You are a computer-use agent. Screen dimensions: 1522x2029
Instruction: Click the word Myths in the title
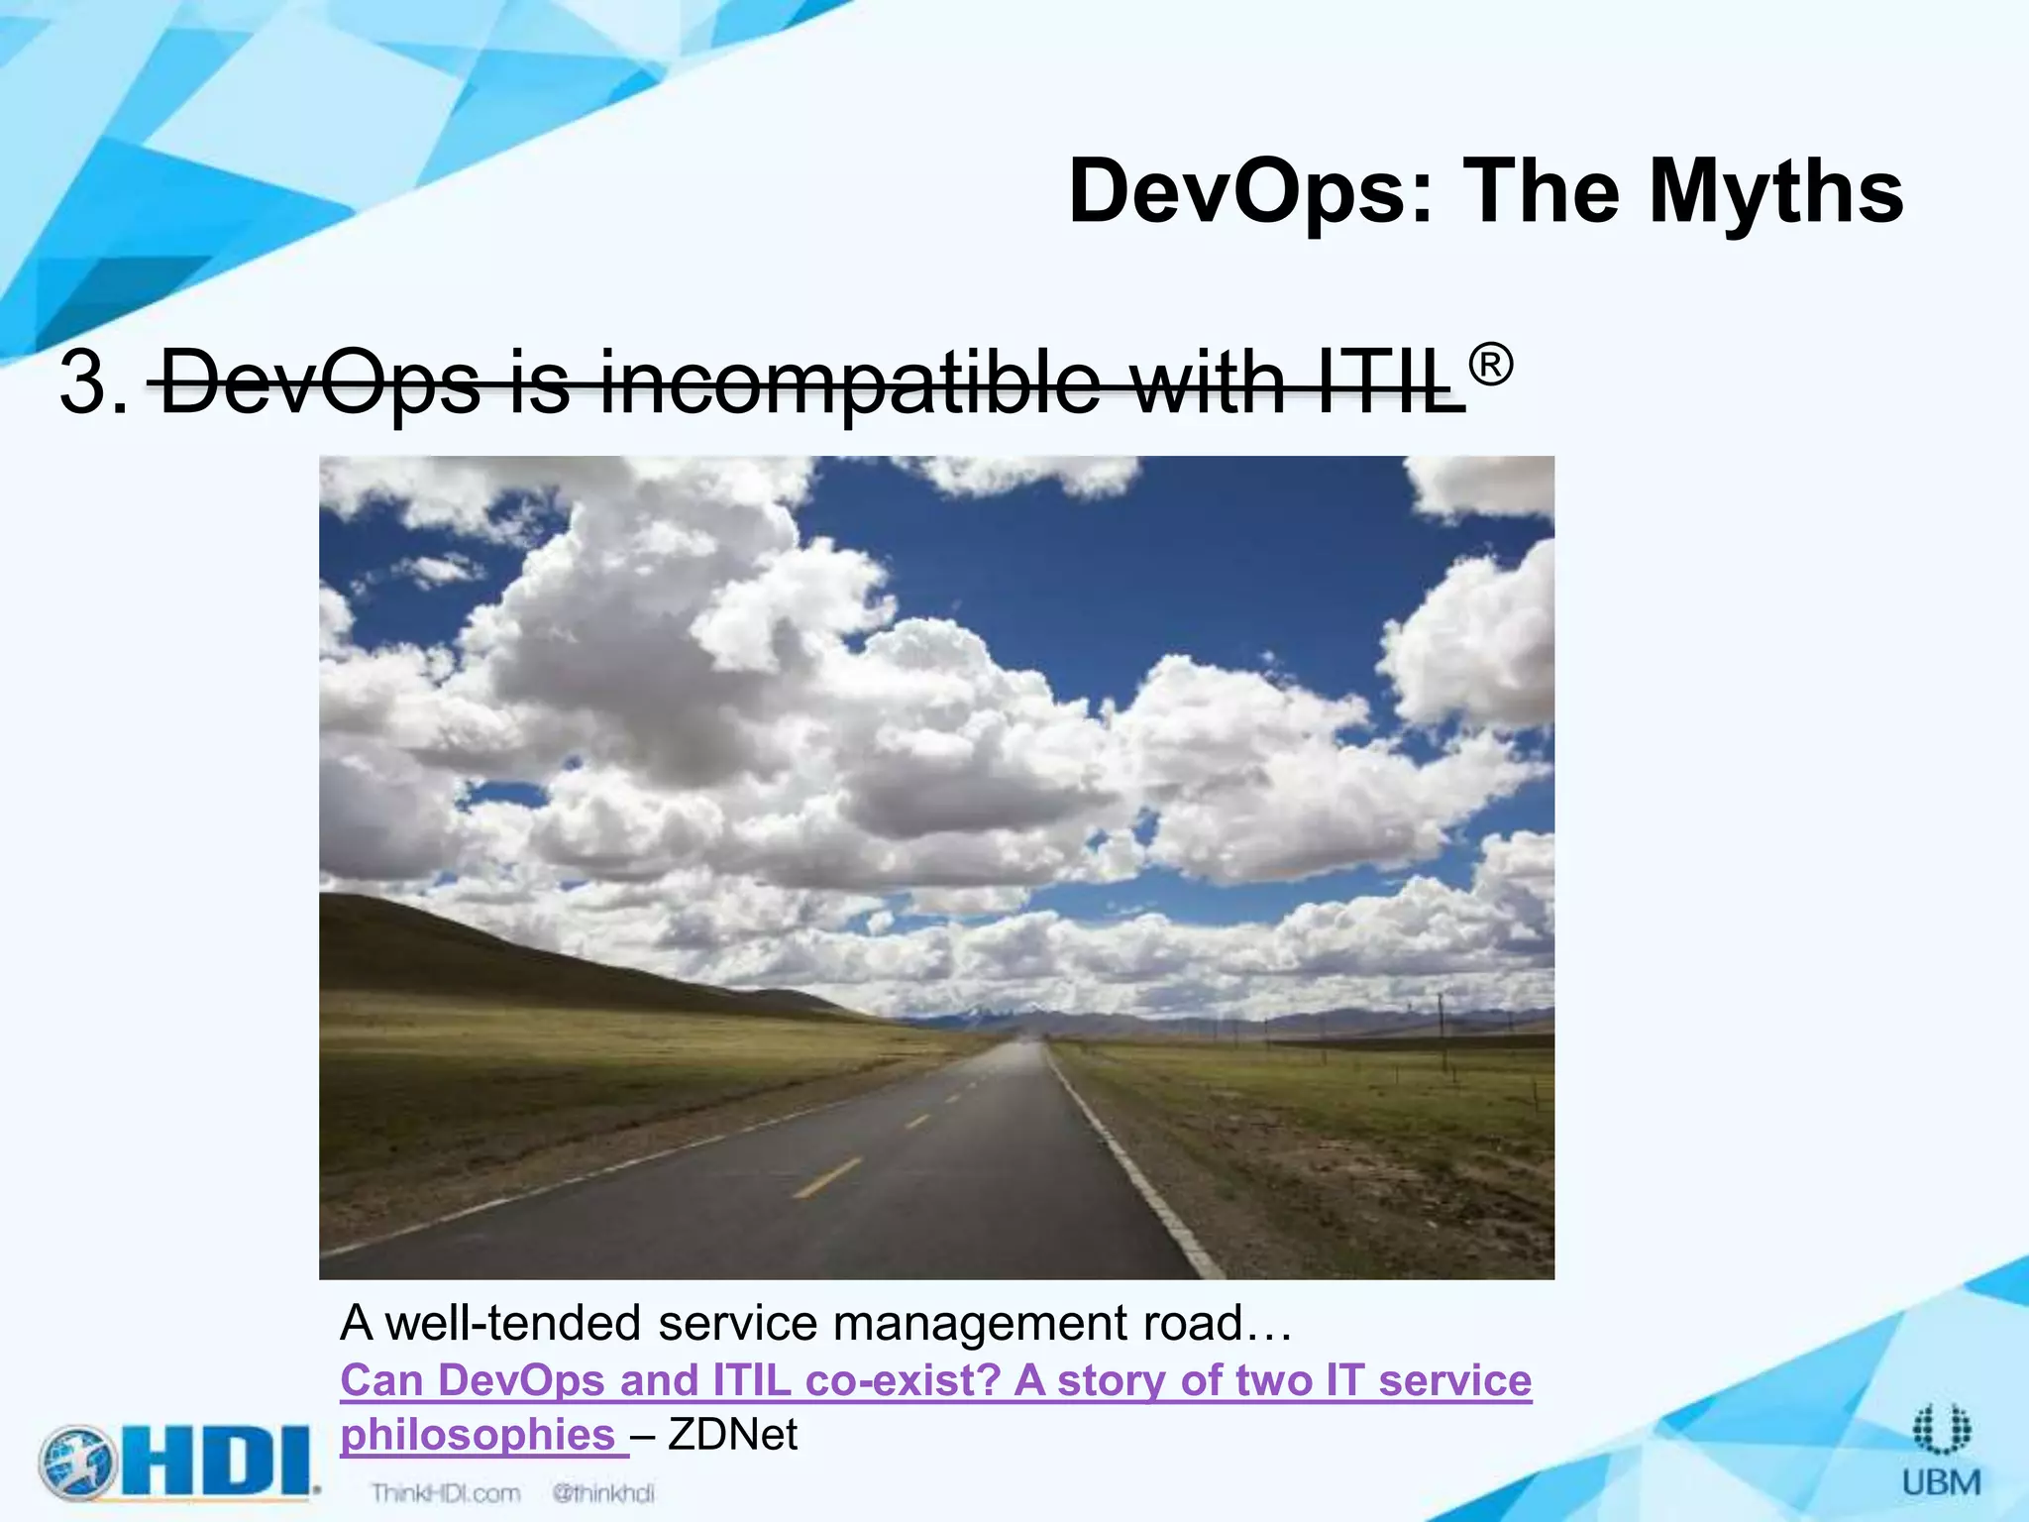pyautogui.click(x=1775, y=193)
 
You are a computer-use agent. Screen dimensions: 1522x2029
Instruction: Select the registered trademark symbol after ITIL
pyautogui.click(x=1490, y=366)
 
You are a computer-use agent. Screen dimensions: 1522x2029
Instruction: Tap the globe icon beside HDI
pyautogui.click(x=78, y=1461)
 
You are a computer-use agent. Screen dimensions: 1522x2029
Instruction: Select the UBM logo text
pyautogui.click(x=1941, y=1482)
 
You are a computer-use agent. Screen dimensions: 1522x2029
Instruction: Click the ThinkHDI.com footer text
pyautogui.click(x=445, y=1493)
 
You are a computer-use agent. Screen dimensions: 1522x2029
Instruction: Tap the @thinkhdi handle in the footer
pyautogui.click(x=603, y=1493)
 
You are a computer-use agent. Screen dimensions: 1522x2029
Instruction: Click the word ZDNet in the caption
pyautogui.click(x=732, y=1435)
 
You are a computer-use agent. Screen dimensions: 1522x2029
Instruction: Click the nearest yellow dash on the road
pyautogui.click(x=826, y=1177)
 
